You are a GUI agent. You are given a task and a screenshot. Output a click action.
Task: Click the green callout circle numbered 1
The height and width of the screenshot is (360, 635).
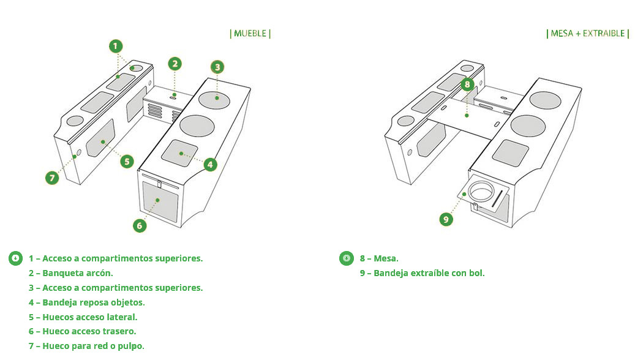pos(116,46)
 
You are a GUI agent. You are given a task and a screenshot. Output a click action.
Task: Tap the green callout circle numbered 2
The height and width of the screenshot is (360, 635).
pos(175,64)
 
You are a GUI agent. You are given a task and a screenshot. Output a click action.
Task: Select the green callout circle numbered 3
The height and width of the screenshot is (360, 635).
pos(217,67)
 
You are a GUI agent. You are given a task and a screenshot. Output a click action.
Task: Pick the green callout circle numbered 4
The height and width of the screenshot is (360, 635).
pos(210,165)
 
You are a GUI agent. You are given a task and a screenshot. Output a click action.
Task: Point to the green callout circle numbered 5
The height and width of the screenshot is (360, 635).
pos(127,162)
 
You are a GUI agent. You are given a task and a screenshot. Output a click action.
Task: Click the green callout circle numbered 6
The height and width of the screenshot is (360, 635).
pos(140,225)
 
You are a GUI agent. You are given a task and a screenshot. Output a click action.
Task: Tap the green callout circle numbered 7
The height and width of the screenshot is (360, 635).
pos(52,178)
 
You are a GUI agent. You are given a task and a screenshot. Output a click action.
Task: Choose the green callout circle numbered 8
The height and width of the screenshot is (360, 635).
pos(467,84)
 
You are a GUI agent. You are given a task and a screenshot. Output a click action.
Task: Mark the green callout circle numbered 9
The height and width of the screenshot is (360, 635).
pos(446,219)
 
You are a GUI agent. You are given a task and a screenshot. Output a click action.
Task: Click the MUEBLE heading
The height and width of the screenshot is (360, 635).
pos(250,34)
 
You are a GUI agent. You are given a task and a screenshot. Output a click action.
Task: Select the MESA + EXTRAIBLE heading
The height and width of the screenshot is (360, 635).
pos(588,34)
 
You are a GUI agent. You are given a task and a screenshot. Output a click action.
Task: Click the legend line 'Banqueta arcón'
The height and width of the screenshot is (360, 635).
pos(71,273)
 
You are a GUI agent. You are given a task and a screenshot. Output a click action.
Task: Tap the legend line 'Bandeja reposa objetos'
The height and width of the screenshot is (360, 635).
pos(87,302)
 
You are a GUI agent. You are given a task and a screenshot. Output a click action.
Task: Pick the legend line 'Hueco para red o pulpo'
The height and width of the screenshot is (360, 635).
pos(86,346)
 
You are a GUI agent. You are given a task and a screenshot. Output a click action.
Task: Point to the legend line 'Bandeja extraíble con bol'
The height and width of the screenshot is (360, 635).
pos(422,273)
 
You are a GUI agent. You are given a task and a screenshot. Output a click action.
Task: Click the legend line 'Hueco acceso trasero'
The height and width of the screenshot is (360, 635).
pos(82,331)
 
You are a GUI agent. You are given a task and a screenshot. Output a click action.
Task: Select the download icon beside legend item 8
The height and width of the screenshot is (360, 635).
pos(346,258)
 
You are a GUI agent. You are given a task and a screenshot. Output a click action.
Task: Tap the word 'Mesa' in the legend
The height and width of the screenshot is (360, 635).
pos(386,258)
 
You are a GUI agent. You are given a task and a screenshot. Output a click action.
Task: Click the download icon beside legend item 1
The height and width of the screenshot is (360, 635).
pos(15,258)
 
